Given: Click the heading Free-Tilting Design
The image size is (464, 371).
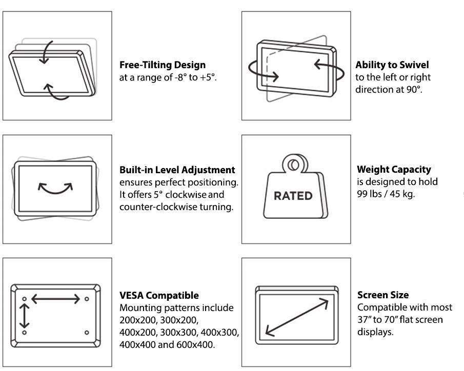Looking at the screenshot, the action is tap(163, 65).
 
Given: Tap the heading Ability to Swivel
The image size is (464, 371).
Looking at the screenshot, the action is tap(392, 65).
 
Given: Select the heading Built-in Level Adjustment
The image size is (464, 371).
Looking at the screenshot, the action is tap(177, 170).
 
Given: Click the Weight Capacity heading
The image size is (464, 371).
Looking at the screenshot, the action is tap(394, 169).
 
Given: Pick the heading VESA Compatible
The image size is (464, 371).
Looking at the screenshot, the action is tap(159, 295).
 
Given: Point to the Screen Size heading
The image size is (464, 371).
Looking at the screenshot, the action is tap(383, 295).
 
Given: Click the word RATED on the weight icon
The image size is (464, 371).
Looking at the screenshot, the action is tap(293, 196).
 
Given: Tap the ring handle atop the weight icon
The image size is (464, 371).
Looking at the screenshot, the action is tap(294, 163).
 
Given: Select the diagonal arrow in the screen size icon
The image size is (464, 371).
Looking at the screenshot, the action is tap(297, 317).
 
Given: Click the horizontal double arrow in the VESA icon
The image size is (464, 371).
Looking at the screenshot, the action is tap(56, 299).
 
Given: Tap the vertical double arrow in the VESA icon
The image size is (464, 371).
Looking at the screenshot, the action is tap(24, 316).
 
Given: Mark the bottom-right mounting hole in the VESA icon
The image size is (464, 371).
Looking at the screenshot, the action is tap(87, 333).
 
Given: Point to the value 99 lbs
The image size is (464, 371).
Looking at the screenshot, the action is tap(369, 194).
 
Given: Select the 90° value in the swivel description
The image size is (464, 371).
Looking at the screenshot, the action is tap(413, 89).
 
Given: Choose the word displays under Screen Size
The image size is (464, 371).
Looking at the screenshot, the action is tap(375, 332).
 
